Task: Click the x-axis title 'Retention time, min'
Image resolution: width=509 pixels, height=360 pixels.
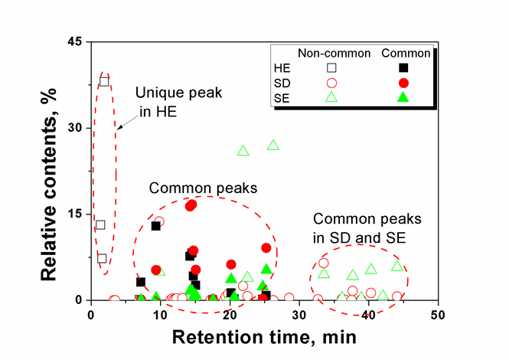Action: (x=264, y=337)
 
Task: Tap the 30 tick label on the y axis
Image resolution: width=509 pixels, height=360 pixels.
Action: (x=75, y=127)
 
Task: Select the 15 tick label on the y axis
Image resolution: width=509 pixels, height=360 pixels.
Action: (x=75, y=214)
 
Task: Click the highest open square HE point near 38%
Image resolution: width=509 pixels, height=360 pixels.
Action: (x=104, y=81)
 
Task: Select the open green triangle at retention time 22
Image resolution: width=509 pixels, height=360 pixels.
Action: (x=243, y=151)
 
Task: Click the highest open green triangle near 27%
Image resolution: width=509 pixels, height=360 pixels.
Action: (x=273, y=145)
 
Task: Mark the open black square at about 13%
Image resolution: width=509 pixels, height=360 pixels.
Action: (x=100, y=225)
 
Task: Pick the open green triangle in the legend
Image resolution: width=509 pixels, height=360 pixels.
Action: (x=331, y=97)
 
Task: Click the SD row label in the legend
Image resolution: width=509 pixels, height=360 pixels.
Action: (x=285, y=82)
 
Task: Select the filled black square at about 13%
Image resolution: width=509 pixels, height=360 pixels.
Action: (x=155, y=226)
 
